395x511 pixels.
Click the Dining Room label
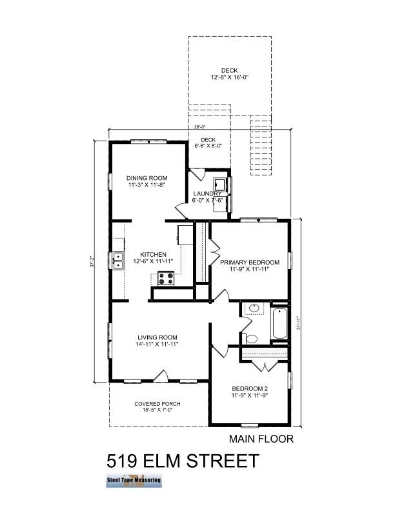tap(147, 178)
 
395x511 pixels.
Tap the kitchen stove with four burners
tap(166, 278)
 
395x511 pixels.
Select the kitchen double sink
tap(118, 261)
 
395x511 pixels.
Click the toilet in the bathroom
tap(252, 337)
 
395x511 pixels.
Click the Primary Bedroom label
tap(249, 262)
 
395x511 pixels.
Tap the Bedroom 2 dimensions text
tap(249, 396)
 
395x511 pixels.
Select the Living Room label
tap(157, 337)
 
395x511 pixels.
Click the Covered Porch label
tap(157, 404)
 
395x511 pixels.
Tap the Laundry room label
tap(208, 194)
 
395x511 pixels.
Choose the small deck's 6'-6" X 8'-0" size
tap(208, 146)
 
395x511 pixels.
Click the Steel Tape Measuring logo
tap(134, 481)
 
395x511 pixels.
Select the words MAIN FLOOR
tap(261, 439)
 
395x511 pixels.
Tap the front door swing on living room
tap(161, 376)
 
